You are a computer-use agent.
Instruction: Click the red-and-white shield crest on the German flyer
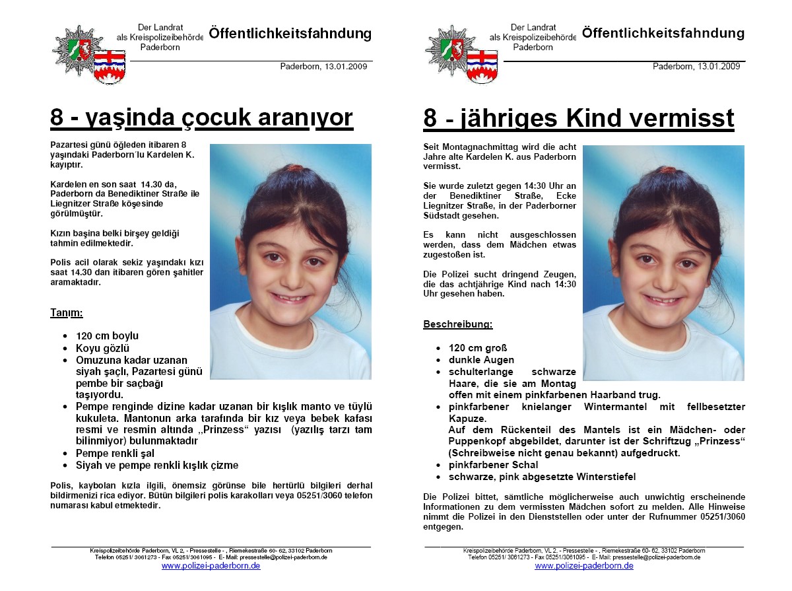[x=482, y=66]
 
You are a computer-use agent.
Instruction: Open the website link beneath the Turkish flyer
[x=211, y=566]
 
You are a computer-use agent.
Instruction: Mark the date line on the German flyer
[x=696, y=67]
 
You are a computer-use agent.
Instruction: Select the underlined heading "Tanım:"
[x=67, y=312]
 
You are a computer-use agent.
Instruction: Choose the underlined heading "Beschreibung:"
[x=457, y=324]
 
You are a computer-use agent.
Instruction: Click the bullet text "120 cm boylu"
[x=107, y=336]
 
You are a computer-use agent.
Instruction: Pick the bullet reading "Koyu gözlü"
[x=102, y=348]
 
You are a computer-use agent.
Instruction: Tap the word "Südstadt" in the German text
[x=443, y=215]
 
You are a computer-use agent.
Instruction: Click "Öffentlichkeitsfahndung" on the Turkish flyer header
[x=290, y=34]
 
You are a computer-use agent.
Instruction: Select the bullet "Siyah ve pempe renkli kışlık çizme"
[x=157, y=466]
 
